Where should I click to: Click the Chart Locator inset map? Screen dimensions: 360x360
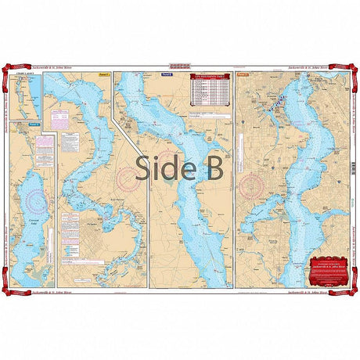tap(29, 98)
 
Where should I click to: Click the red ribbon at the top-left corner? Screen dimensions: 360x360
tap(12, 74)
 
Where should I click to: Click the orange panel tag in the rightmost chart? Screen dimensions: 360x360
tap(241, 77)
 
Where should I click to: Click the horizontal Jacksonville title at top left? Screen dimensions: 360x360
tap(72, 70)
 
